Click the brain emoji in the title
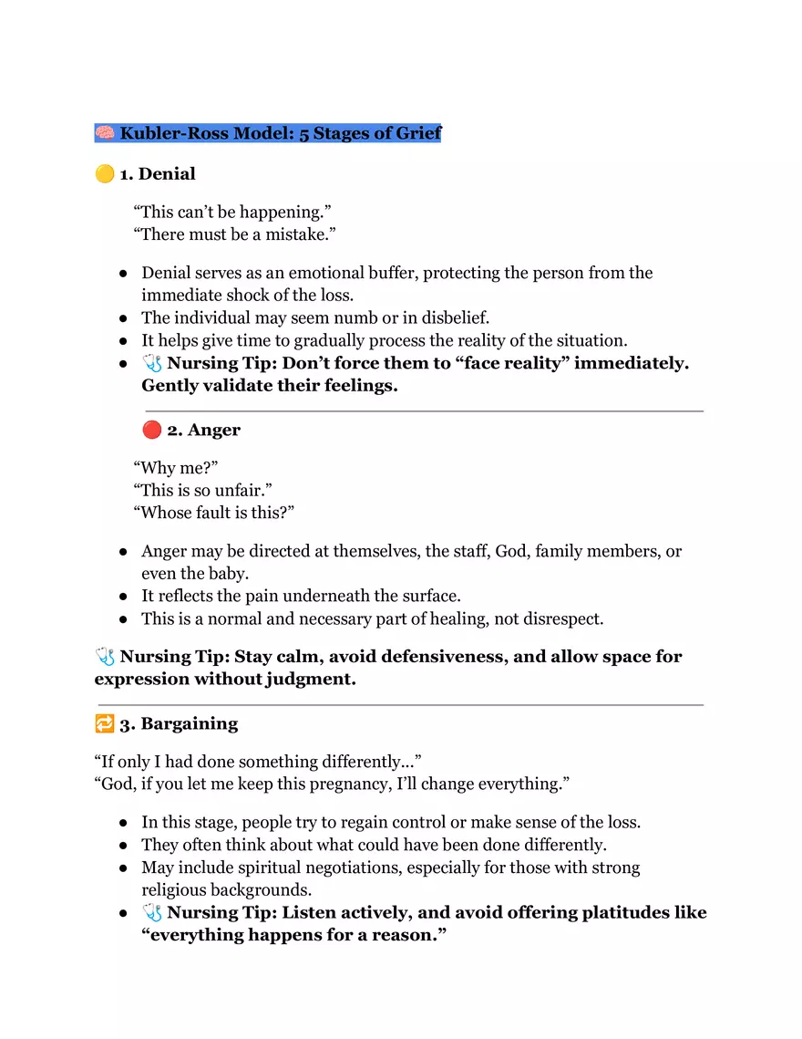click(105, 133)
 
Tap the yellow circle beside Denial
click(105, 173)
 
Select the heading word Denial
click(167, 173)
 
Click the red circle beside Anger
click(152, 430)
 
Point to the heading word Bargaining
click(189, 723)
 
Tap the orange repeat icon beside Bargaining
click(105, 723)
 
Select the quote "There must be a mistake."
click(235, 234)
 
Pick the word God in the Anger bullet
click(511, 551)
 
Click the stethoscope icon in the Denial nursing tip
click(152, 363)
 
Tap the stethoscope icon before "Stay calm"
click(105, 657)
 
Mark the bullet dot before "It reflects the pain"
click(122, 596)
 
